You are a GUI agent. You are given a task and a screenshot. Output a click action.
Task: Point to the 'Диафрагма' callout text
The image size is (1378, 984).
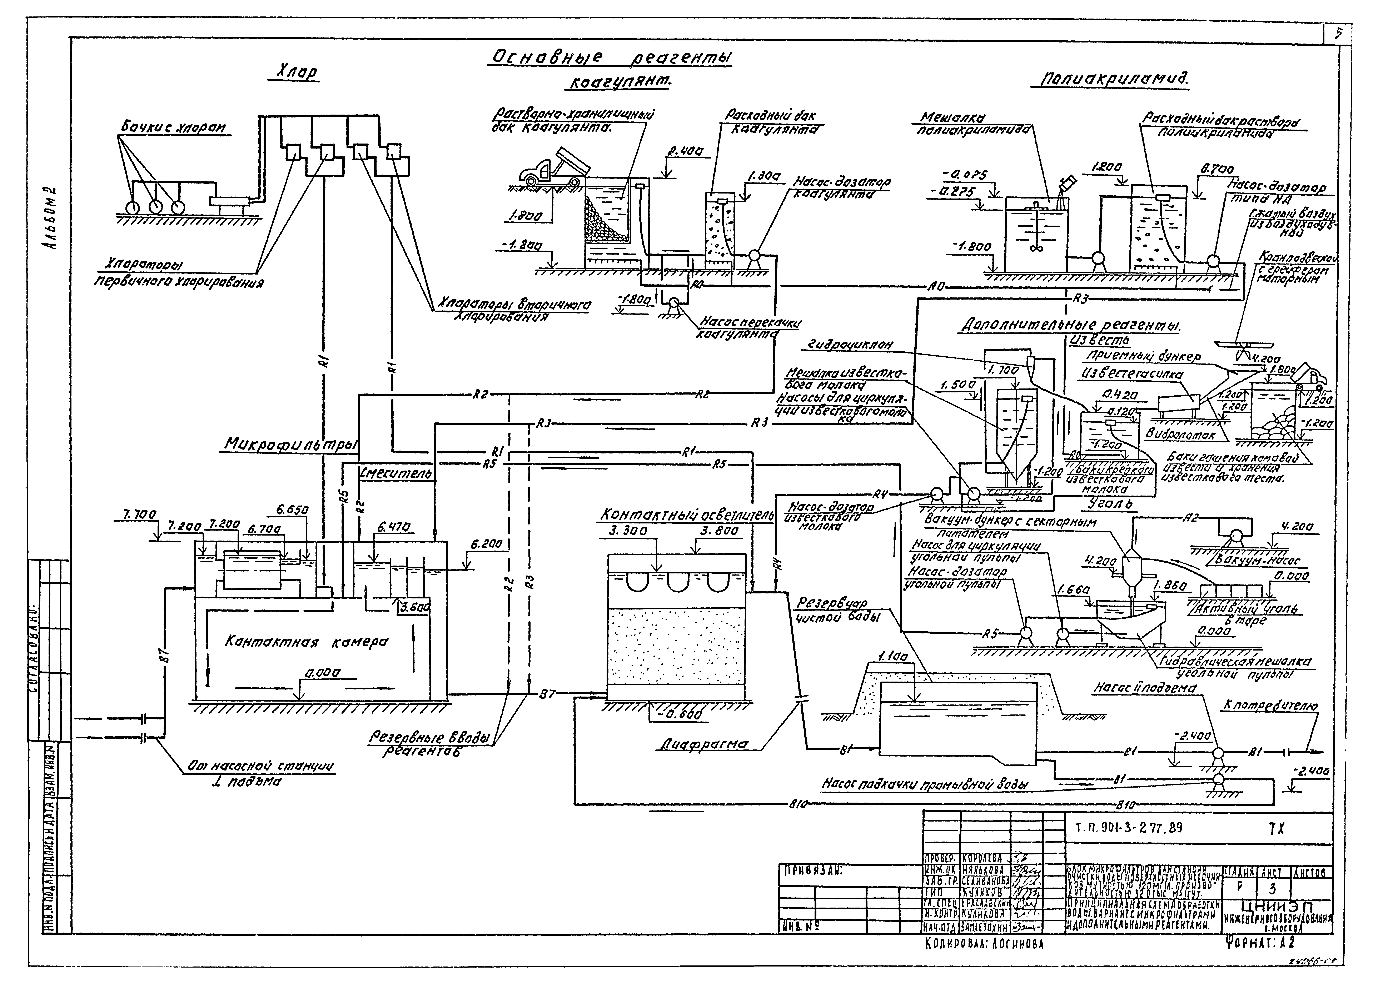pos(703,745)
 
